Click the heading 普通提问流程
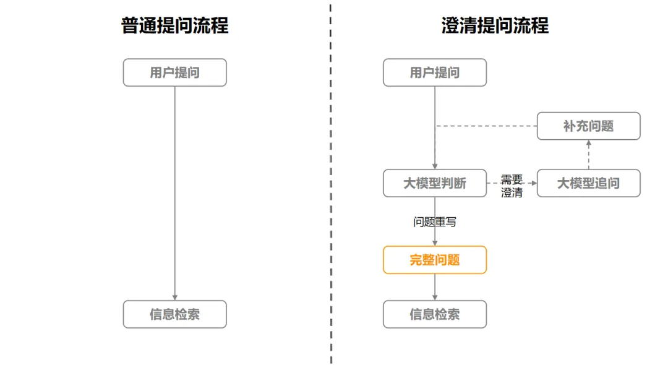(174, 25)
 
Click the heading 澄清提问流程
(495, 25)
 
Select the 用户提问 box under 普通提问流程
(174, 72)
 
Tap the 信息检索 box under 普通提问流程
(174, 314)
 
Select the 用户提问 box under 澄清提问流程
(435, 72)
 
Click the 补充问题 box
(588, 126)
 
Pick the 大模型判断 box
(435, 183)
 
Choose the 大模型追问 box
(588, 183)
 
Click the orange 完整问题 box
(435, 260)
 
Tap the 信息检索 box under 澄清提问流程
(435, 314)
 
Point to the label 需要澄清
(512, 186)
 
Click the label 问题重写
(435, 222)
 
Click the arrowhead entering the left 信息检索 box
(174, 298)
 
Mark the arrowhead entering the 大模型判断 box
(435, 166)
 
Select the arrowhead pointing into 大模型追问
(534, 183)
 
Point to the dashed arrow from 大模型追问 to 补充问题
(588, 155)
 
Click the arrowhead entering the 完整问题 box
(435, 243)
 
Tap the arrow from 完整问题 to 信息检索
(435, 287)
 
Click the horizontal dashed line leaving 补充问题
(486, 126)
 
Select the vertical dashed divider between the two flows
(330, 183)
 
